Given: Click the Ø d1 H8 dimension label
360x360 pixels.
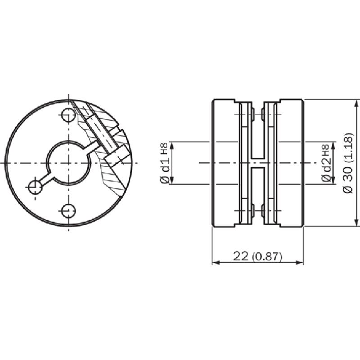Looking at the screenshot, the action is [x=165, y=163].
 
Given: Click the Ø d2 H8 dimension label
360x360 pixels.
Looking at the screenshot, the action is [x=326, y=163].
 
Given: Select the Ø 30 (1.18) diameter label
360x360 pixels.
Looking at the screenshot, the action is [x=347, y=163].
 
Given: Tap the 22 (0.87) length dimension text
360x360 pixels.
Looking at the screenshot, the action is [x=257, y=256].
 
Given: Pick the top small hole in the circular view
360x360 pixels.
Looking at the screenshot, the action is [x=69, y=115].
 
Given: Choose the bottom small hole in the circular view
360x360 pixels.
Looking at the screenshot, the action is [x=69, y=210].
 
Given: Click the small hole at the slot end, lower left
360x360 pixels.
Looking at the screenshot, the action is [x=35, y=187].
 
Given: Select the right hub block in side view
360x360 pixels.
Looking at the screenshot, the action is [x=292, y=163].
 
